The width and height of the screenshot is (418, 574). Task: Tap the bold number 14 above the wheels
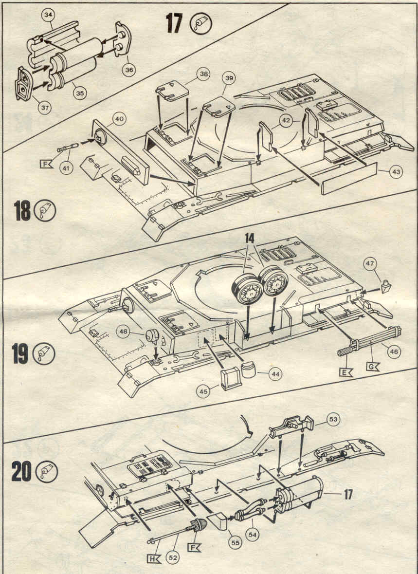click(250, 239)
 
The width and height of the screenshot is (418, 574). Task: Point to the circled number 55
click(236, 543)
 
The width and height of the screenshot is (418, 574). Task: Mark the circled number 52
click(172, 558)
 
